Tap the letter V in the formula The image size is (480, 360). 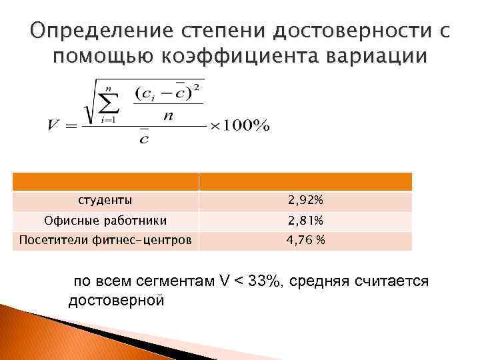(55, 125)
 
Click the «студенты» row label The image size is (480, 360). (105, 200)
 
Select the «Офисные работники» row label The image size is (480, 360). (105, 220)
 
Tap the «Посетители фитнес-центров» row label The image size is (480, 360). (105, 240)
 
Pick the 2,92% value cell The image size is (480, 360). (306, 200)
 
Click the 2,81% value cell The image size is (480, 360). (306, 220)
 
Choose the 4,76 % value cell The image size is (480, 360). (306, 240)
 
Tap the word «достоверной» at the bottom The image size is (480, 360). (117, 300)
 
